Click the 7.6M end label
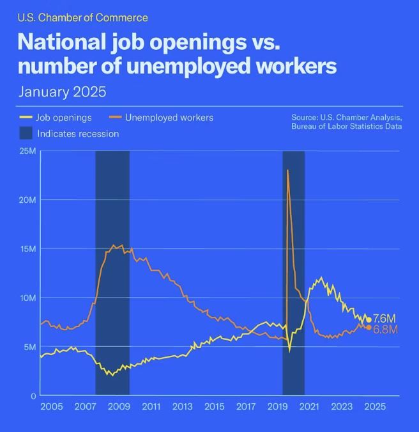point(385,319)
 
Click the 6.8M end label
point(385,329)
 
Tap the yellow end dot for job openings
point(369,319)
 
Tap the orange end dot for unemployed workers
point(369,328)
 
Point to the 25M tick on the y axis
point(27,151)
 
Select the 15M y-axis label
point(27,249)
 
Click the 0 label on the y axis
point(33,396)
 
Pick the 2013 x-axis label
point(182,407)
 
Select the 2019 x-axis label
point(277,407)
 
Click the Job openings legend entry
point(64,118)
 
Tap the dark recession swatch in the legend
point(25,133)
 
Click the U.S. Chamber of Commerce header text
point(82,17)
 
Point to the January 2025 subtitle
point(62,92)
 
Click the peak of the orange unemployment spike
point(287,170)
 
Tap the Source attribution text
point(346,122)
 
